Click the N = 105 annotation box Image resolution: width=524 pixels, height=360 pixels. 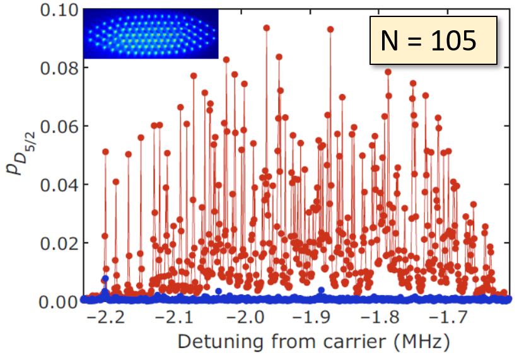coord(433,42)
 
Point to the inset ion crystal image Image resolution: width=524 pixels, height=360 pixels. coord(151,34)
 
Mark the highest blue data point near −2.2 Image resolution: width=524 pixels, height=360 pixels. coord(105,278)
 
